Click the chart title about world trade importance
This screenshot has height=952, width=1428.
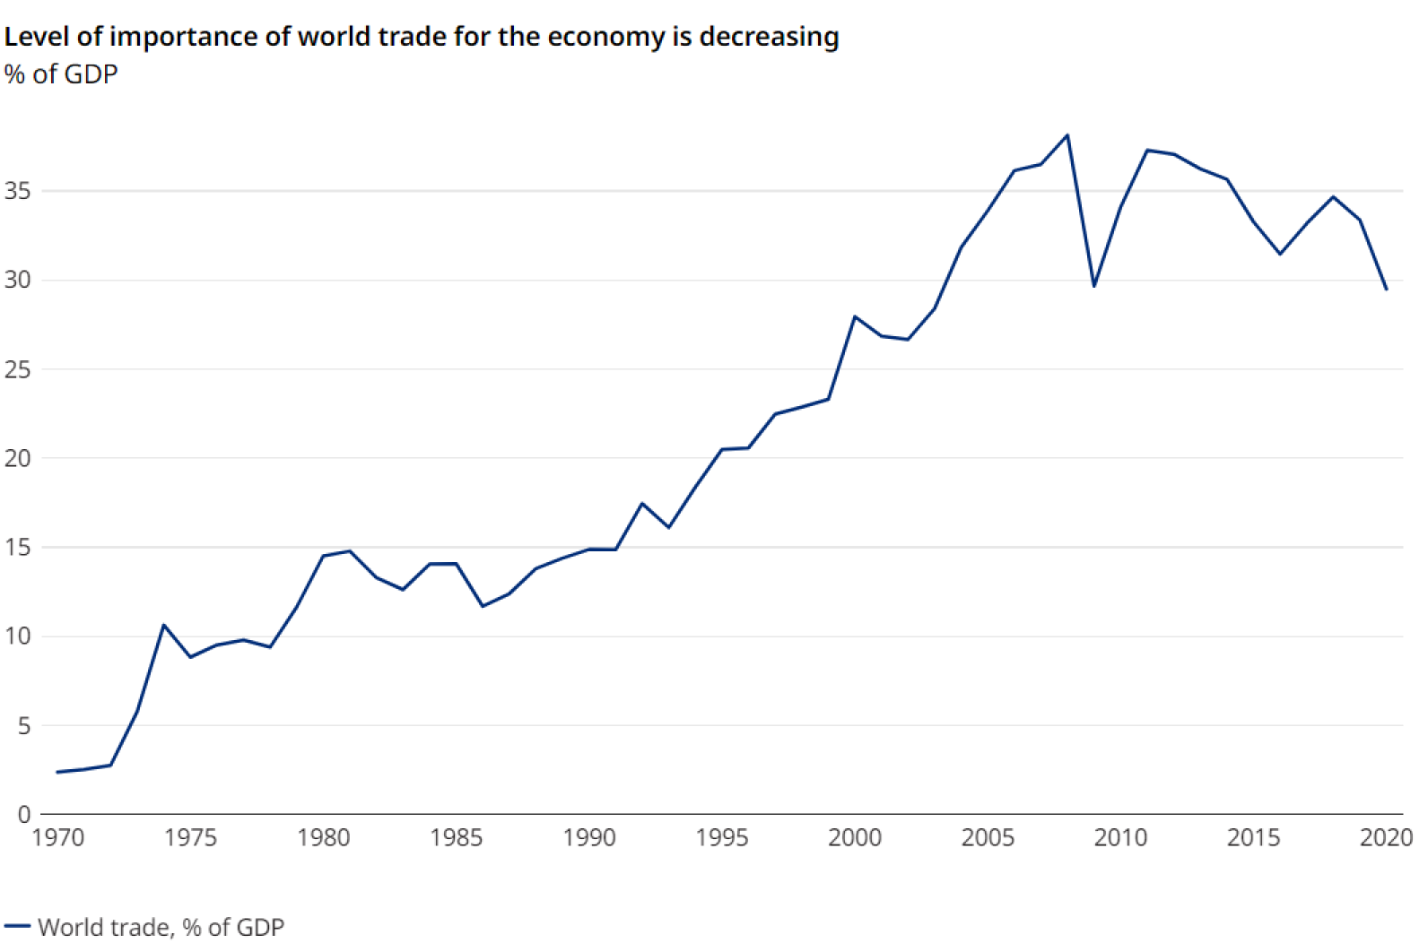click(x=422, y=37)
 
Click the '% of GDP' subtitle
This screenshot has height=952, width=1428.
click(x=61, y=74)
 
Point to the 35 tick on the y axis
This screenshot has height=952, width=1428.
click(x=18, y=191)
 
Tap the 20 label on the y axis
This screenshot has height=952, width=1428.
click(x=18, y=458)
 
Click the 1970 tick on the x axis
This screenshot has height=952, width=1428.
click(x=57, y=838)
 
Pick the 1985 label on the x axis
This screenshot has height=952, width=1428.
click(x=456, y=838)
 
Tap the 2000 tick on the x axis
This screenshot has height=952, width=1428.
click(x=855, y=838)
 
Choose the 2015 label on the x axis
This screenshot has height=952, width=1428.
click(x=1253, y=838)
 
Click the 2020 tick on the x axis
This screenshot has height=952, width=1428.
click(x=1386, y=838)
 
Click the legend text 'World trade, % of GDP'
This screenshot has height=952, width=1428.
click(x=161, y=927)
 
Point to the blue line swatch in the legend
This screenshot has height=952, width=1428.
click(x=17, y=926)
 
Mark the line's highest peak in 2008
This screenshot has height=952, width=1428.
click(x=1067, y=135)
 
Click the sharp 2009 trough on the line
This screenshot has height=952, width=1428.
click(x=1094, y=286)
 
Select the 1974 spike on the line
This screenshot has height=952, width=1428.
click(x=163, y=625)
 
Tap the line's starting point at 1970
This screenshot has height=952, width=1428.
click(x=57, y=772)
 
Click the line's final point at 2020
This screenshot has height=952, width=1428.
click(x=1387, y=290)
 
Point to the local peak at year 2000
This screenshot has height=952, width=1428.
click(x=855, y=316)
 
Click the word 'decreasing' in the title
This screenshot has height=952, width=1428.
click(x=769, y=37)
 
